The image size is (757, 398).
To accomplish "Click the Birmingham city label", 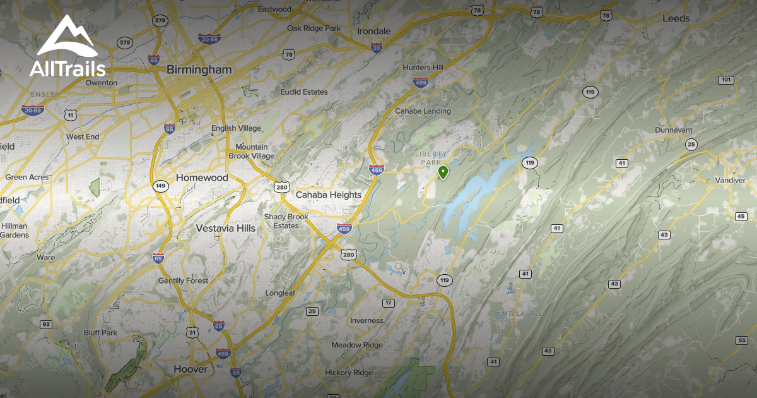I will [199, 69].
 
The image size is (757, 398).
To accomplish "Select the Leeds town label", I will [676, 19].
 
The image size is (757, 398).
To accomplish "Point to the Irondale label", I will [374, 31].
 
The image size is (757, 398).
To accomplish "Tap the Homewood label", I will [202, 178].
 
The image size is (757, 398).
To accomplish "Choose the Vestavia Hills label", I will [226, 228].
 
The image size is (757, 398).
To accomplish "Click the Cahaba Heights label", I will [329, 195].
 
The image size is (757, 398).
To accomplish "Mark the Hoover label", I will [190, 369].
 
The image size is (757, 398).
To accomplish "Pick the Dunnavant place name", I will [673, 130].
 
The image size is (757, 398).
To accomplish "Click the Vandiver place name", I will [731, 180].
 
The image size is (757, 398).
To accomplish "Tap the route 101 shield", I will [725, 80].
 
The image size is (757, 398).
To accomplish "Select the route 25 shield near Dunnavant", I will [691, 145].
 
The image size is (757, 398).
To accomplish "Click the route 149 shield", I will [160, 186].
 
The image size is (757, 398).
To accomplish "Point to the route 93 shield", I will [45, 324].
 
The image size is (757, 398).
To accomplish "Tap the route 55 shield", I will [741, 341].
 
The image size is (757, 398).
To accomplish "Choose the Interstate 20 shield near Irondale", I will [377, 48].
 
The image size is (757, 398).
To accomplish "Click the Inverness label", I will [367, 320].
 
